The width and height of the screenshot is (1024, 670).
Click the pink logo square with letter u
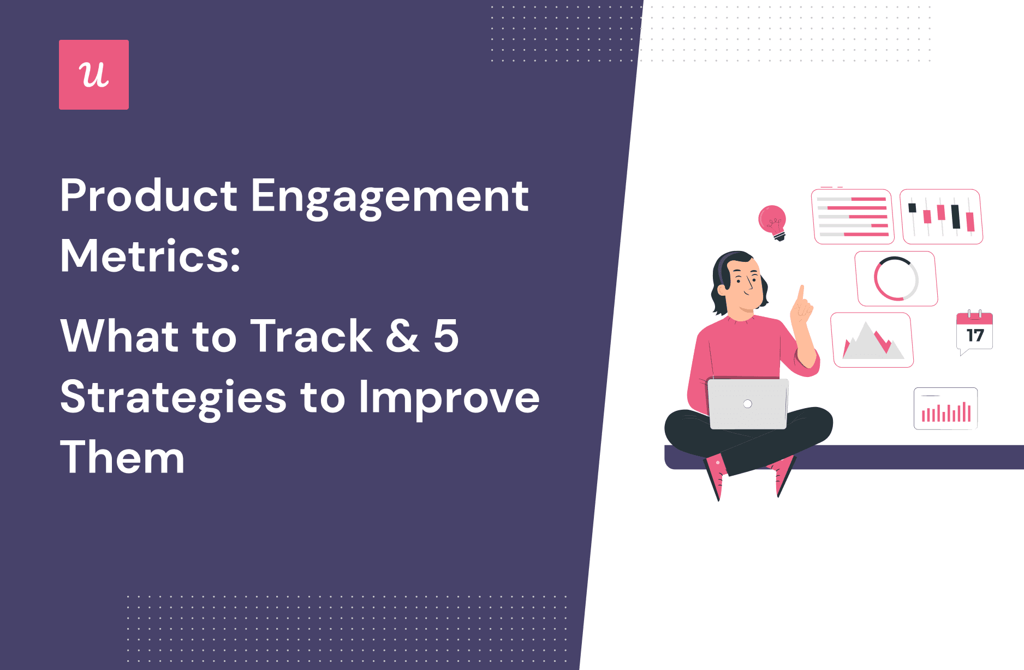tap(94, 75)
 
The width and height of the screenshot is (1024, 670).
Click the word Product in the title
tap(148, 196)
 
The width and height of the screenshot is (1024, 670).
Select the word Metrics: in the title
tap(150, 256)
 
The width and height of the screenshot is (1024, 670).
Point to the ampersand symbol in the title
tap(402, 336)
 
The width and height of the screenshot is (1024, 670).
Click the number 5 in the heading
tap(446, 336)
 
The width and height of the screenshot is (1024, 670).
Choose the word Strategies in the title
tap(173, 398)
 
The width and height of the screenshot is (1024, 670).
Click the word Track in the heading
tap(311, 336)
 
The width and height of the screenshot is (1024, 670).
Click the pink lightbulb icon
tap(772, 222)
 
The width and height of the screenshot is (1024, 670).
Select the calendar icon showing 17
tap(974, 332)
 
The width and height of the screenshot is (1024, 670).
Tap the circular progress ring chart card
tap(896, 279)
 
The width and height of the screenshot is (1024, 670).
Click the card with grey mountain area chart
tap(872, 340)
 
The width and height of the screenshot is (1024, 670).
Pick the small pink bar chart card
tap(945, 409)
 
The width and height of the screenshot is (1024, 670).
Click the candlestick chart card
tap(941, 217)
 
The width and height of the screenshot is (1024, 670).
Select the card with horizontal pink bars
tap(853, 217)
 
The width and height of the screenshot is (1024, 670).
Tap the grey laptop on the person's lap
tap(748, 404)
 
